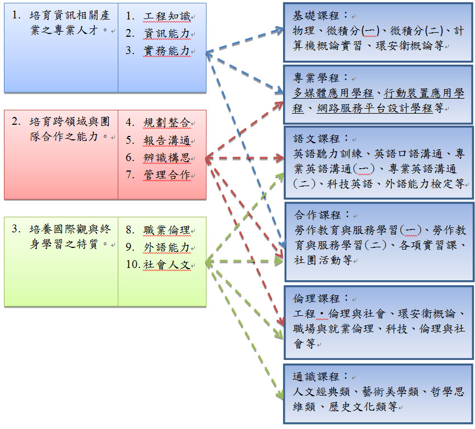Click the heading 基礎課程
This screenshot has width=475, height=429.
[x=315, y=16]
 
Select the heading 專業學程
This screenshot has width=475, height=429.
[x=315, y=78]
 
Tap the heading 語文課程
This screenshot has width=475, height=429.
[x=316, y=139]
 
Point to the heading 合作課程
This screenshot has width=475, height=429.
[x=317, y=215]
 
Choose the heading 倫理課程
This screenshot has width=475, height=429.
[x=316, y=299]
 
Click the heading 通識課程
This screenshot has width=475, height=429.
[x=316, y=377]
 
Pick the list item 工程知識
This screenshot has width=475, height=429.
[x=167, y=16]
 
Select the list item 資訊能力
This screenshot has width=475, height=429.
[x=167, y=33]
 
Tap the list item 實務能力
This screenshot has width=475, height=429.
[x=167, y=51]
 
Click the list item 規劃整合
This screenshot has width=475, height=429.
[x=167, y=123]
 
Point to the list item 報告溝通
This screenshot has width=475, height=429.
[x=167, y=140]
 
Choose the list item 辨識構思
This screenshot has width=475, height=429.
[x=167, y=158]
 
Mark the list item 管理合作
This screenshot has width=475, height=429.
[x=167, y=175]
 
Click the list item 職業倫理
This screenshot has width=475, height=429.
[x=167, y=230]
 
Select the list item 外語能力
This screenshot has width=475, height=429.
[x=167, y=247]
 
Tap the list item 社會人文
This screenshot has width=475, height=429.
[x=167, y=265]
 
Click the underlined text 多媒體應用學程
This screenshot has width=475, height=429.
[x=333, y=93]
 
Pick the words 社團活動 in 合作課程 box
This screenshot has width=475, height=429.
[x=317, y=260]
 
